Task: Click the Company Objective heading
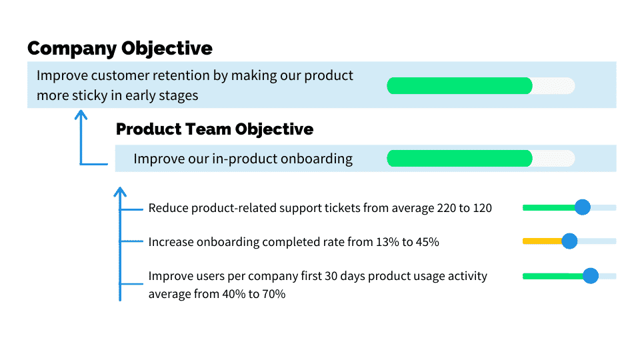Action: coord(120,49)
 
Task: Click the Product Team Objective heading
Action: coord(215,129)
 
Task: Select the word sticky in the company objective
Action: coord(90,96)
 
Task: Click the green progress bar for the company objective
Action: coord(459,86)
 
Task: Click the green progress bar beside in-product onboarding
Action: coord(459,159)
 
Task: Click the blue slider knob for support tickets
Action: coord(583,207)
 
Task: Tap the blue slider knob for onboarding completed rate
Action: coord(569,241)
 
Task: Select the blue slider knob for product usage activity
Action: coord(590,276)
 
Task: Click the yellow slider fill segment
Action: coord(543,241)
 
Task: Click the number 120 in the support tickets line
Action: coord(483,208)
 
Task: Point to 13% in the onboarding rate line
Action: coord(387,242)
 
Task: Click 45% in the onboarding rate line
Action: coord(427,242)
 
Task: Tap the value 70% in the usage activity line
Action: coord(274,294)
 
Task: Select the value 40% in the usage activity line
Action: coord(233,294)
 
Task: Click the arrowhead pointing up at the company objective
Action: coord(81,115)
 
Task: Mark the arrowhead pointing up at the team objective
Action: coord(120,192)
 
